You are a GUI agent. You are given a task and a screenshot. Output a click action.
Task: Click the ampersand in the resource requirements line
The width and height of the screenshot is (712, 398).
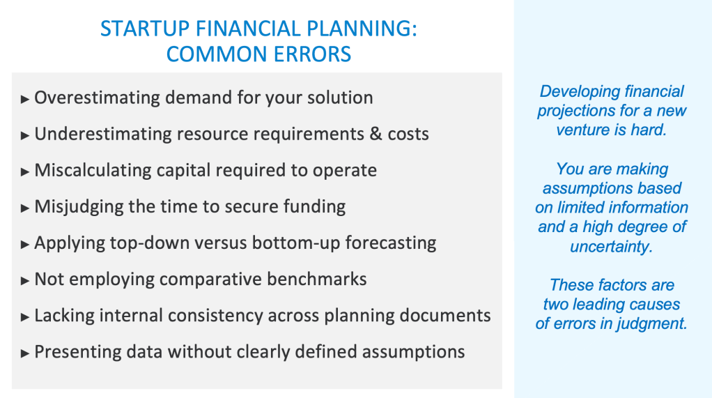point(376,134)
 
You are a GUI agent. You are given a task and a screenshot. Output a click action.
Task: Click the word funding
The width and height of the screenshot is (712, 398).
point(314,207)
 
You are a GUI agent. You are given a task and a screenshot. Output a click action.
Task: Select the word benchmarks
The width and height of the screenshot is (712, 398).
point(316,280)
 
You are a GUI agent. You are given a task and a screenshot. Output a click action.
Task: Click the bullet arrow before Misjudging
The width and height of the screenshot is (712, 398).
point(25,208)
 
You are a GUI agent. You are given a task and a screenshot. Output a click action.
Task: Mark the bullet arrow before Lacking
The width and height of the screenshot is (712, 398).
point(25,317)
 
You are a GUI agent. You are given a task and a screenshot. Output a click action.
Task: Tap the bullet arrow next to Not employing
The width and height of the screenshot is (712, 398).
point(25,281)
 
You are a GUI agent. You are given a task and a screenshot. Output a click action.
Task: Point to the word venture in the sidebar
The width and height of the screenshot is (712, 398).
point(582,130)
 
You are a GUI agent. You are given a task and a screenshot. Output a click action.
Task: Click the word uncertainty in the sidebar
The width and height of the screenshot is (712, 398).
point(611,247)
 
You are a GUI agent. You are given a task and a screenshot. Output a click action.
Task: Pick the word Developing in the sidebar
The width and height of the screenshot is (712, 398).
point(579,92)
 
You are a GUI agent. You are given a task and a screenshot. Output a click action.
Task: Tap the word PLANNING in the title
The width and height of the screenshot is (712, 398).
point(361,29)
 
